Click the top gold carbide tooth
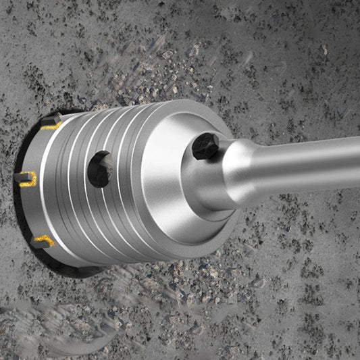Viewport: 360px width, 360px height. (50, 125)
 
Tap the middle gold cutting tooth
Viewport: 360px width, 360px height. (26, 179)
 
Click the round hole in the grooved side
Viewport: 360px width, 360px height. (100, 170)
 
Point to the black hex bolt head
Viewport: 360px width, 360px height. (205, 147)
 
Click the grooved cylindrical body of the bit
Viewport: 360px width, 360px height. (81, 203)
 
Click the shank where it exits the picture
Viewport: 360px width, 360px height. (355, 162)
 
